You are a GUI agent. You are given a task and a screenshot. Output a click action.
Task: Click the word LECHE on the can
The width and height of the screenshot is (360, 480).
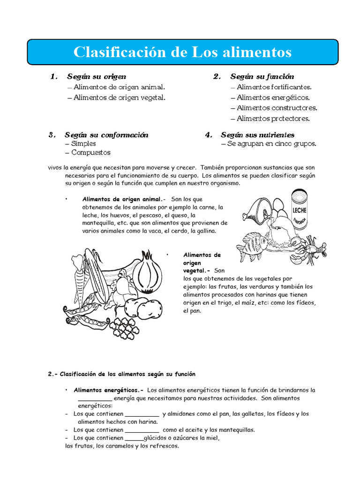click(300, 210)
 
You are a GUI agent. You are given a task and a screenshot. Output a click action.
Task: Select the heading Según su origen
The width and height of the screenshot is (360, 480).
click(96, 76)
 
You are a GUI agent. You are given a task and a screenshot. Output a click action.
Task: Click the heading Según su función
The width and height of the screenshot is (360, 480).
click(262, 76)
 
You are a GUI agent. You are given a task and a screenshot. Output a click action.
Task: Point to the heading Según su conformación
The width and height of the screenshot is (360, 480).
click(106, 135)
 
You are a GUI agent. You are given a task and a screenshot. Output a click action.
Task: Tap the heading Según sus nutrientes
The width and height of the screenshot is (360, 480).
click(258, 135)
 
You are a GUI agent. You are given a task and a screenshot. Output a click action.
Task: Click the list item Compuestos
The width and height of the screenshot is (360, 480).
click(91, 153)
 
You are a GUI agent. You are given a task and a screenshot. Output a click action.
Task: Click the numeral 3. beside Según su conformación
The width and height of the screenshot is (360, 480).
click(52, 135)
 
